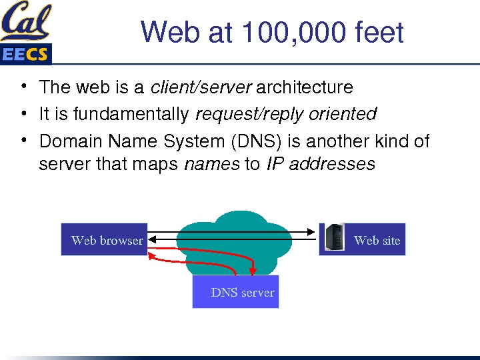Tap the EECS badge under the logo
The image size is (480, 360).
click(25, 55)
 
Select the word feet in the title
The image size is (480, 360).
click(380, 32)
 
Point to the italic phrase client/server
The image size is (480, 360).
click(201, 87)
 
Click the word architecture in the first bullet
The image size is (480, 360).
click(305, 87)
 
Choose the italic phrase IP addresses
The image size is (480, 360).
click(321, 163)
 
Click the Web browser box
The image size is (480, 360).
click(105, 240)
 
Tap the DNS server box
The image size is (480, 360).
click(236, 293)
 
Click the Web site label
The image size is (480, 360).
click(377, 240)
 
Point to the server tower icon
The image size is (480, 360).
click(335, 237)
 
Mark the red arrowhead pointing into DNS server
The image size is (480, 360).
click(253, 270)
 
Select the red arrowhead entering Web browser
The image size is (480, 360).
click(151, 253)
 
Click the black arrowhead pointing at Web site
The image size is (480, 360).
click(311, 232)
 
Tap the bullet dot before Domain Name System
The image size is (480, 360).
click(23, 139)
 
